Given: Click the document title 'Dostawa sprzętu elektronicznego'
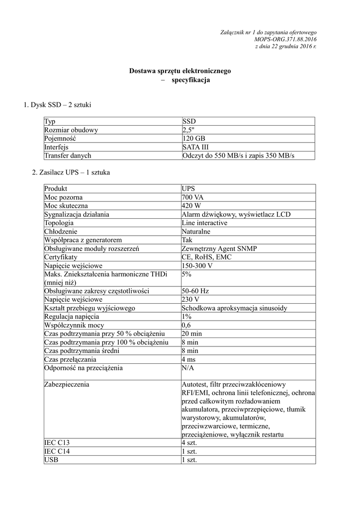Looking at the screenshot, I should (180, 71).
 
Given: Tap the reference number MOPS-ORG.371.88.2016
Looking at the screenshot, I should (285, 39).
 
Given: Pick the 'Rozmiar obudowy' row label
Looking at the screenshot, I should (71, 130).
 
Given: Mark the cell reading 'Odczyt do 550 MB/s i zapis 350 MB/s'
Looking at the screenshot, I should (238, 156).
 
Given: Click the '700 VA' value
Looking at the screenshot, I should (193, 197).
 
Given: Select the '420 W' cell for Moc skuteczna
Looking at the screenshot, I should (192, 206).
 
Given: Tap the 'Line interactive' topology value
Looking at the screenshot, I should (205, 223).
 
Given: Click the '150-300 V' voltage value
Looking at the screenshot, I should (197, 265).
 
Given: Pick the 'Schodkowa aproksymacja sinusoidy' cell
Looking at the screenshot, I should (234, 308).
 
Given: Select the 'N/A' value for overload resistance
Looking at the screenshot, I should (188, 368).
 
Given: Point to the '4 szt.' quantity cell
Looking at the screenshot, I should (190, 443).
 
